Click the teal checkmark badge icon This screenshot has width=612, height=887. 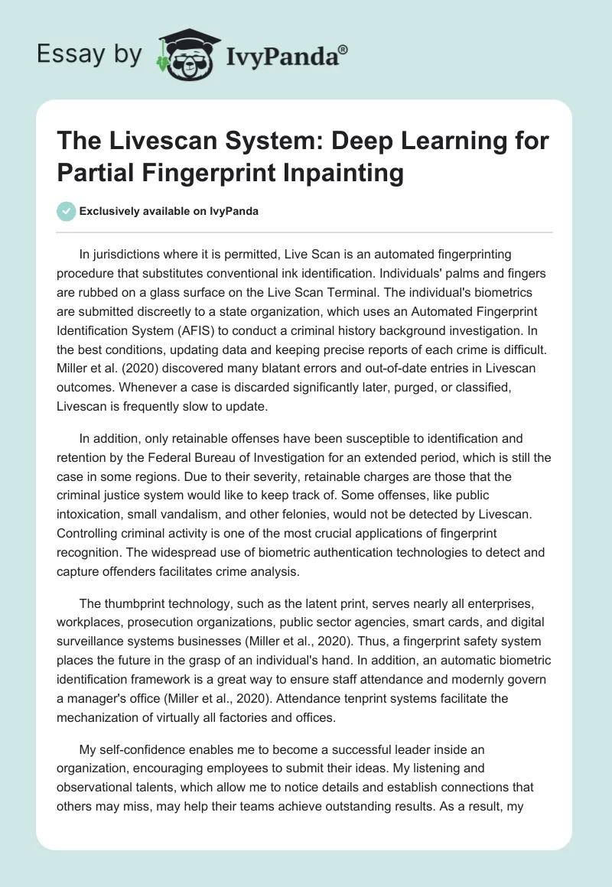[67, 212]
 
